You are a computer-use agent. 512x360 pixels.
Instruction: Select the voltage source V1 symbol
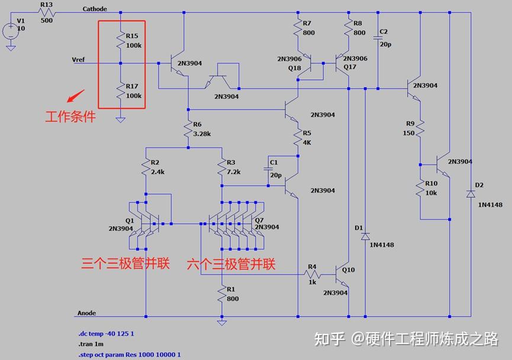tap(10, 30)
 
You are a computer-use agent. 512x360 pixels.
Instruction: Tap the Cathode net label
tap(95, 9)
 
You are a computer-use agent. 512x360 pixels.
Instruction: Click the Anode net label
tap(86, 313)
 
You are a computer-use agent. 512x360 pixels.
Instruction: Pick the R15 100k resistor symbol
tap(120, 40)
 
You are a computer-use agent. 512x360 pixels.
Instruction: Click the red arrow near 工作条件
tap(75, 97)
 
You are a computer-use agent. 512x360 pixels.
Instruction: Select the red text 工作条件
tap(70, 116)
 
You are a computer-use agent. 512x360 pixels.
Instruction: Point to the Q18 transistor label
tap(295, 68)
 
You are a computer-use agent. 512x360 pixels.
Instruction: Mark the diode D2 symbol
tap(471, 193)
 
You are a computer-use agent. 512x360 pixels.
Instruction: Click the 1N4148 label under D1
tap(381, 245)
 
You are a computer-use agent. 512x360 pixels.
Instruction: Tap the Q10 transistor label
tap(348, 269)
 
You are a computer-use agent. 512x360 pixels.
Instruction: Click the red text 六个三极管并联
tap(231, 263)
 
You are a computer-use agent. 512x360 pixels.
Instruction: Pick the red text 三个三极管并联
tap(125, 263)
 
